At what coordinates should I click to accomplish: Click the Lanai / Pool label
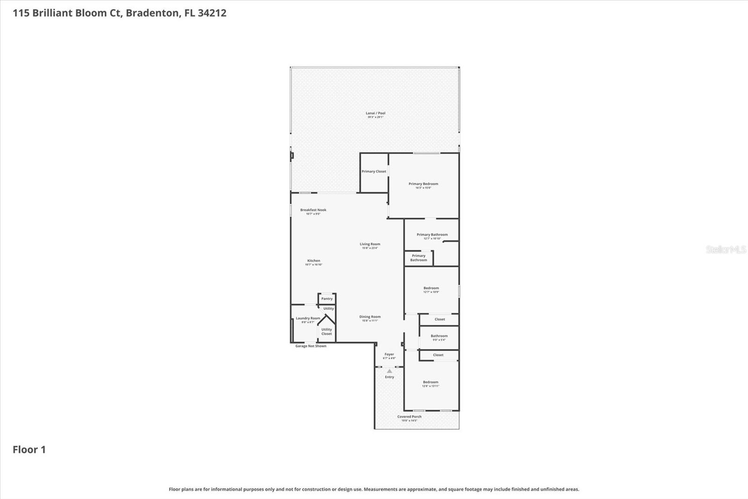[x=375, y=113]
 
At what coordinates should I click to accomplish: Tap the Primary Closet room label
[x=374, y=171]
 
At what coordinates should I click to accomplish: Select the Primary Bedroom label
[x=423, y=184]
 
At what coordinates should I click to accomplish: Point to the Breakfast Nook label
[x=313, y=210]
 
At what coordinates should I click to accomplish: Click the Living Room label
[x=370, y=244]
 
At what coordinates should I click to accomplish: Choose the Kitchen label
[x=314, y=261]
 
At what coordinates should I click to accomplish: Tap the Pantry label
[x=327, y=299]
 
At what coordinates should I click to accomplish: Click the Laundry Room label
[x=308, y=318]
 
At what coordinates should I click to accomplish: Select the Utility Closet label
[x=326, y=331]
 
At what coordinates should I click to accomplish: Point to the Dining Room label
[x=370, y=317]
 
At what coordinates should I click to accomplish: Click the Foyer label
[x=389, y=354]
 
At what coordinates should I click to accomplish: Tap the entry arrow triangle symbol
[x=389, y=371]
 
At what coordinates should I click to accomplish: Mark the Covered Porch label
[x=409, y=417]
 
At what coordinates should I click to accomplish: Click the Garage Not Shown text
[x=311, y=346]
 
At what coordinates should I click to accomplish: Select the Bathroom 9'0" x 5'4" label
[x=439, y=336]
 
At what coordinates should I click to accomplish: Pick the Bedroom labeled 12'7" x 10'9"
[x=431, y=288]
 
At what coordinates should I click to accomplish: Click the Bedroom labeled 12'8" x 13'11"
[x=431, y=382]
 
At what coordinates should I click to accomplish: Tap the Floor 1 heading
[x=29, y=449]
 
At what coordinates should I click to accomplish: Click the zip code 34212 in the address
[x=212, y=13]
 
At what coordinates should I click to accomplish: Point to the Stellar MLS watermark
[x=726, y=249]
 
